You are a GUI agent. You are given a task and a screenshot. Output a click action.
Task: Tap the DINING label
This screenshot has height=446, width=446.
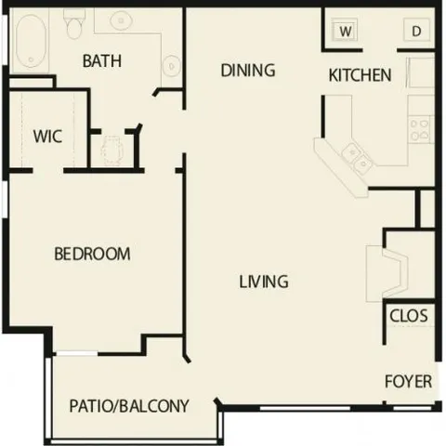248,70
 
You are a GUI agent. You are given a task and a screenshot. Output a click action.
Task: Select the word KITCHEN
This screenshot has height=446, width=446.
360,75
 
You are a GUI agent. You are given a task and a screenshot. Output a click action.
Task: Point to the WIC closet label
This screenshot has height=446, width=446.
46,137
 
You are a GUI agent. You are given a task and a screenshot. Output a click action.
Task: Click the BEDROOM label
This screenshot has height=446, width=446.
91,254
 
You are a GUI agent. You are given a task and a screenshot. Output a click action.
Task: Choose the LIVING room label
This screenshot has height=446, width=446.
263,281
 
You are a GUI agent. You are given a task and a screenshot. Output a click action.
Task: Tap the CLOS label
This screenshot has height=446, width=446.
409,316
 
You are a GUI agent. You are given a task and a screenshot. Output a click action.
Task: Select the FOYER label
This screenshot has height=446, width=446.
409,381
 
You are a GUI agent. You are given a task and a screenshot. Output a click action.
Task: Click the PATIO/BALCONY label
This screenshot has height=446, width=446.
129,406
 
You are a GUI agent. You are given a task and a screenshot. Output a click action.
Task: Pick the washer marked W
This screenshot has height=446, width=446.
345,31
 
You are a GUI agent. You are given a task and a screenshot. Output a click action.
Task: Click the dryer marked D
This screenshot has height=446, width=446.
415,31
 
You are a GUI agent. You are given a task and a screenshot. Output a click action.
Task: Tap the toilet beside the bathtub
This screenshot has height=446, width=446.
73,26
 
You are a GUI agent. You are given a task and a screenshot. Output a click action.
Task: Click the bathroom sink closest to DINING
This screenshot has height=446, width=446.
172,64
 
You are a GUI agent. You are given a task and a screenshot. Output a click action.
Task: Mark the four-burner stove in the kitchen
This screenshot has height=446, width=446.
420,128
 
